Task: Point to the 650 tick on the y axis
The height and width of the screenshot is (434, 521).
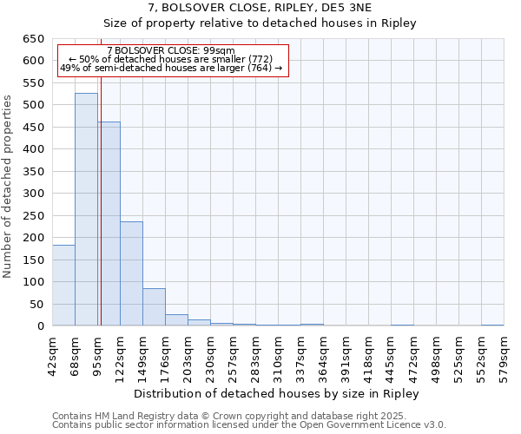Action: (33, 39)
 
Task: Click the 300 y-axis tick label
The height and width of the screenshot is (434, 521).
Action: (33, 194)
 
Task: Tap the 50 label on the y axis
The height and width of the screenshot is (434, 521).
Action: (36, 304)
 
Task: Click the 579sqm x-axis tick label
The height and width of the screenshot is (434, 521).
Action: (504, 352)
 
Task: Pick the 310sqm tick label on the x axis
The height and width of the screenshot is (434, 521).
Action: (278, 352)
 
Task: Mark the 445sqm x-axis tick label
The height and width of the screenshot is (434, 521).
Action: (391, 352)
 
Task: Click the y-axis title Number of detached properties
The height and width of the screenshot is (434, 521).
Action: (9, 182)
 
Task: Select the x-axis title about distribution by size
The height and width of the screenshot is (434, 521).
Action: (278, 393)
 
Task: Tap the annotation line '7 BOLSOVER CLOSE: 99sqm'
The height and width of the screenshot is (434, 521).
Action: (171, 50)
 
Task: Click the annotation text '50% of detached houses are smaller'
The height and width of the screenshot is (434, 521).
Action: (171, 59)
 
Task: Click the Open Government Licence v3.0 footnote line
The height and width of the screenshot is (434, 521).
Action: (249, 425)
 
